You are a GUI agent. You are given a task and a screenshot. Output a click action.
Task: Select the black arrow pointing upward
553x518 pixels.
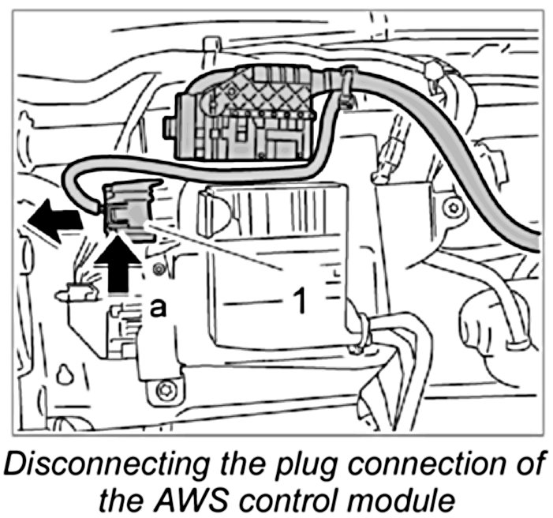coord(116,265)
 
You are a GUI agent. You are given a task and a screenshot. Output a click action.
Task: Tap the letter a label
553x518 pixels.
coord(159,309)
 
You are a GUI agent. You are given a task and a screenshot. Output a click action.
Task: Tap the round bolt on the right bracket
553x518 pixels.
coord(451,208)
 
